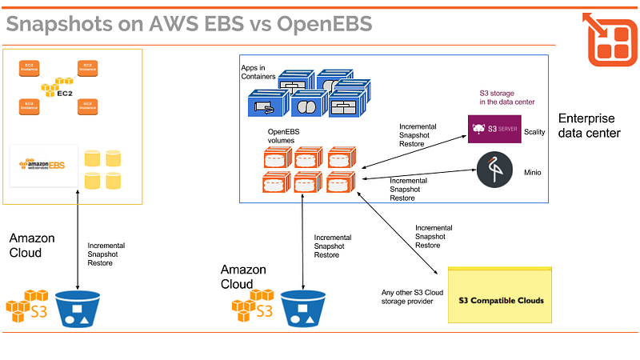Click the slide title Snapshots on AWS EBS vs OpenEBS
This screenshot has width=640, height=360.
click(x=190, y=24)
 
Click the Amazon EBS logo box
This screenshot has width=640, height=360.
click(x=42, y=166)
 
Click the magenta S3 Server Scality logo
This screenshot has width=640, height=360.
click(x=494, y=129)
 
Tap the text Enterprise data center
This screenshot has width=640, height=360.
click(x=589, y=125)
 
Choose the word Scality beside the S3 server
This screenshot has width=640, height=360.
click(x=534, y=130)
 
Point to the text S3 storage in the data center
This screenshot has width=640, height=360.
click(x=502, y=97)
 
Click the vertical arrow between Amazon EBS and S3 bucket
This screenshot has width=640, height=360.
click(x=78, y=240)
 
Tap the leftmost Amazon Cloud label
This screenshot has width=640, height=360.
click(x=32, y=246)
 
